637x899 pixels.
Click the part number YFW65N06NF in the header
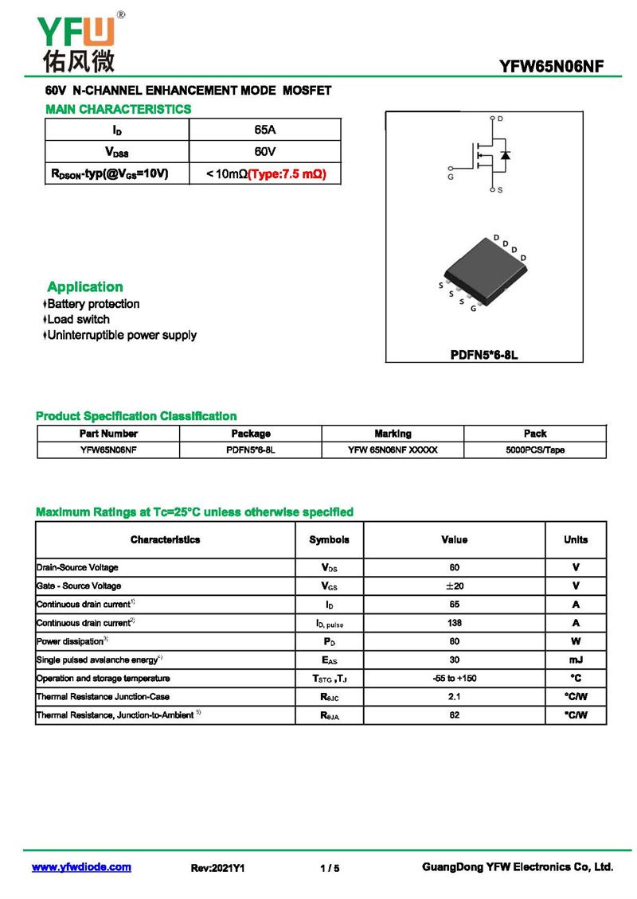coord(551,67)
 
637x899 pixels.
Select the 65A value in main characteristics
coord(265,129)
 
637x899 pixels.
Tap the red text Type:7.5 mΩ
coord(287,173)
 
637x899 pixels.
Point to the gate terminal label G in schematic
coord(451,177)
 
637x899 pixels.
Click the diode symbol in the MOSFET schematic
coord(505,154)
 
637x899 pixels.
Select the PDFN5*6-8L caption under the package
coord(484,354)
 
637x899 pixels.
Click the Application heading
coord(85,286)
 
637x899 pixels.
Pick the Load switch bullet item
coord(78,319)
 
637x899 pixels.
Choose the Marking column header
coord(393,434)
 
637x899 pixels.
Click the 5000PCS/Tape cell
coord(535,449)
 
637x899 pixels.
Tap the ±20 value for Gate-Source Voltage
coord(454,586)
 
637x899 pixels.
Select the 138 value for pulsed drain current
coord(454,623)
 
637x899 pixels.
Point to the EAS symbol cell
coord(329,660)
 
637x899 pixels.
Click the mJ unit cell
coord(576,660)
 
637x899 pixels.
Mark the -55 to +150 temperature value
coord(454,679)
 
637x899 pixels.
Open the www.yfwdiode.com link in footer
coord(81,867)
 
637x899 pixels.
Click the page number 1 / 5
coord(330,868)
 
